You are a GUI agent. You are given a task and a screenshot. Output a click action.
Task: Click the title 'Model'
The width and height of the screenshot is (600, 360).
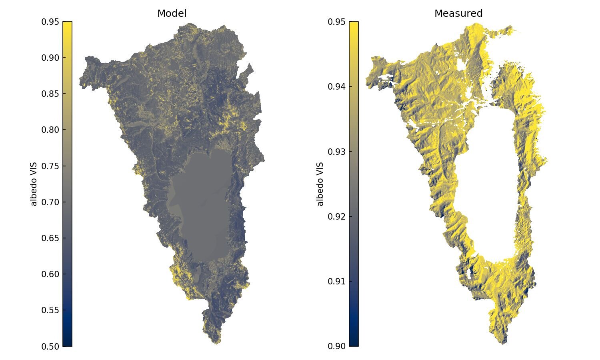[x=172, y=14]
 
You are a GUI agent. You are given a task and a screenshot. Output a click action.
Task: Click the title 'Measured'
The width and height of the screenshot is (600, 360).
[x=458, y=14]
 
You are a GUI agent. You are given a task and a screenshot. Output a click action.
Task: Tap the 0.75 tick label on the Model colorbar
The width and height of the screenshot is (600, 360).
[x=50, y=166]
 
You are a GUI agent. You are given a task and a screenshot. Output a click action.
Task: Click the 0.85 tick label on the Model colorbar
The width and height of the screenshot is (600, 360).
[x=50, y=94]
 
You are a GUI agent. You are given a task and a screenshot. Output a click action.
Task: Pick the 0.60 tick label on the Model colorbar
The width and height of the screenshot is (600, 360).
[x=50, y=274]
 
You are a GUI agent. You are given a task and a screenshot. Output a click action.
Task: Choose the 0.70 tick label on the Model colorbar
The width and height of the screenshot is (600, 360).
[x=50, y=202]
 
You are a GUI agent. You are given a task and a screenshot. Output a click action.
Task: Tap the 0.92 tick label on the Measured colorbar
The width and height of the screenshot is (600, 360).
[x=337, y=216]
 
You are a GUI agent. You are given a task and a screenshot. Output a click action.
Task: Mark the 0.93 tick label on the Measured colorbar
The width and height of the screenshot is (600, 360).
[x=337, y=152]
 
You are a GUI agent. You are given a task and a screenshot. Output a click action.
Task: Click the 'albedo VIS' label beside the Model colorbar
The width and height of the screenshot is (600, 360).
[x=34, y=184]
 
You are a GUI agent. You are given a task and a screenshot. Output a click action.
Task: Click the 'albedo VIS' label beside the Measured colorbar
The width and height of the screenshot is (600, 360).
[x=320, y=184]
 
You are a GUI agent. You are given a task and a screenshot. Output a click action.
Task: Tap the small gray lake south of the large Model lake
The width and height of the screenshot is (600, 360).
[x=198, y=273]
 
